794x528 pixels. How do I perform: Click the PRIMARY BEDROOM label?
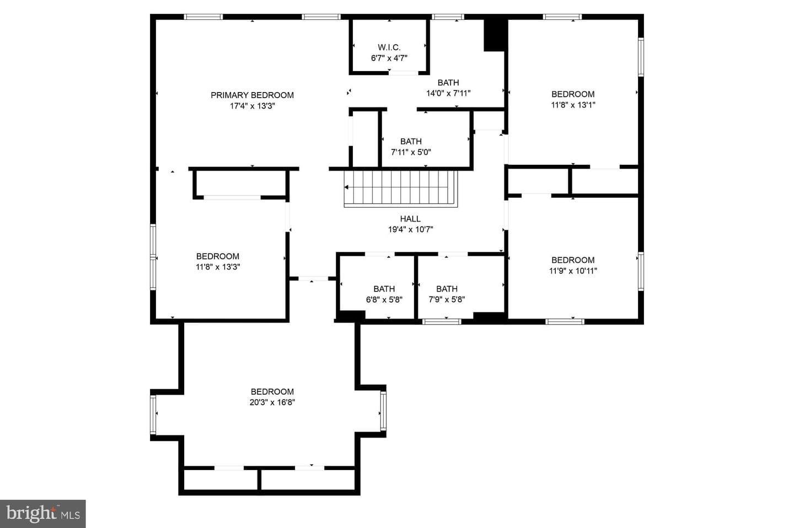click(252, 95)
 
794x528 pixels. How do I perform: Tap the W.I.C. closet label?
click(389, 47)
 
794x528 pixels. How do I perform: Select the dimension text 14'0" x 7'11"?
click(448, 93)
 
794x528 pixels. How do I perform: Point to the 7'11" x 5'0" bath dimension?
click(411, 152)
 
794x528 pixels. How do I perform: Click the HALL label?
click(410, 219)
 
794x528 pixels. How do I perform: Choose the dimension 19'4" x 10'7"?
click(410, 229)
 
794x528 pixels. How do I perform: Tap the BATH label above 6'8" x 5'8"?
click(384, 289)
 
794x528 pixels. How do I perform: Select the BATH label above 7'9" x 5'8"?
click(447, 289)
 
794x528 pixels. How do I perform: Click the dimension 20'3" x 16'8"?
click(272, 402)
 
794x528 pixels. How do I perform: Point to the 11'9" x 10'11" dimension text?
click(573, 271)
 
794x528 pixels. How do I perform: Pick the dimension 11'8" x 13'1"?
click(573, 105)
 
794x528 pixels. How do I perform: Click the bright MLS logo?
click(43, 514)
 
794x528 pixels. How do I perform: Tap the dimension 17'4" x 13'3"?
click(252, 106)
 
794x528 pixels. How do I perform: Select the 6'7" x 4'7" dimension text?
click(389, 58)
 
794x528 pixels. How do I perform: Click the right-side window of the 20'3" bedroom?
click(383, 411)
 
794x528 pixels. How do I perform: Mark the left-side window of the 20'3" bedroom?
click(153, 415)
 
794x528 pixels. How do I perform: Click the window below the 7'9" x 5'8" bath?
click(442, 321)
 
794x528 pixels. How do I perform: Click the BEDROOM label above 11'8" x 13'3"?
click(218, 256)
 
